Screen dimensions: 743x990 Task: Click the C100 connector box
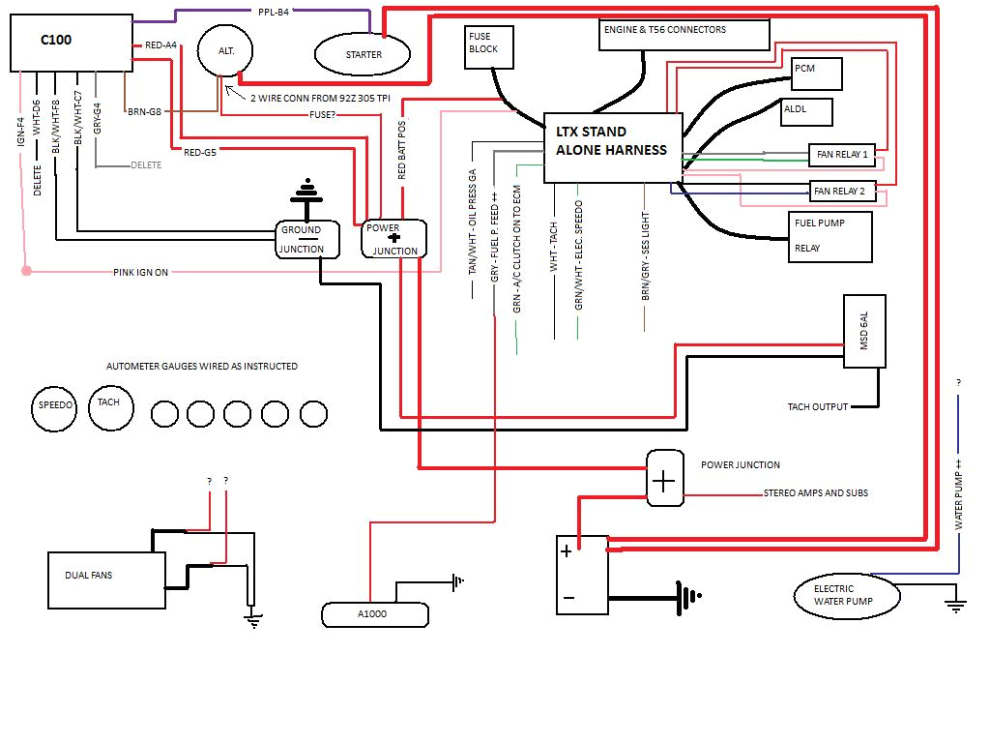tap(71, 43)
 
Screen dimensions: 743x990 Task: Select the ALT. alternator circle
tap(223, 50)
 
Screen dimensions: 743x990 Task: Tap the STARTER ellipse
tap(364, 54)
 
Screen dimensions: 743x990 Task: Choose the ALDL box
tap(806, 110)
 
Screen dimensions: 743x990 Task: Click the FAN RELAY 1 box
tap(840, 155)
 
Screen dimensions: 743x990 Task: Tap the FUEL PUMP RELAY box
tap(830, 236)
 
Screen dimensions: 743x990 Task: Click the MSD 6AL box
tap(864, 332)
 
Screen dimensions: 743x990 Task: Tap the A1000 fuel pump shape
tap(374, 613)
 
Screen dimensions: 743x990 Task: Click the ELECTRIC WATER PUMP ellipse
tap(846, 595)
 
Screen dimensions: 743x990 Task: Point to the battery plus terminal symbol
tap(566, 551)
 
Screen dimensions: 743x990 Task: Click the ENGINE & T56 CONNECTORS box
tap(684, 34)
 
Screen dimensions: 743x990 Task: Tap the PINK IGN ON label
tap(140, 272)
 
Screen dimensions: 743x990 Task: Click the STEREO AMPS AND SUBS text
tap(815, 493)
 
